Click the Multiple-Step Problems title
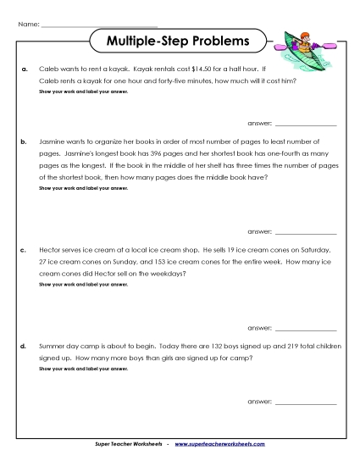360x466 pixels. (x=178, y=40)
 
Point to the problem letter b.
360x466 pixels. (x=25, y=140)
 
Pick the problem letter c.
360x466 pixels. (x=25, y=251)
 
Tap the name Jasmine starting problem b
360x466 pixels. (x=54, y=140)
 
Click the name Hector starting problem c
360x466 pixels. (x=52, y=251)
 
